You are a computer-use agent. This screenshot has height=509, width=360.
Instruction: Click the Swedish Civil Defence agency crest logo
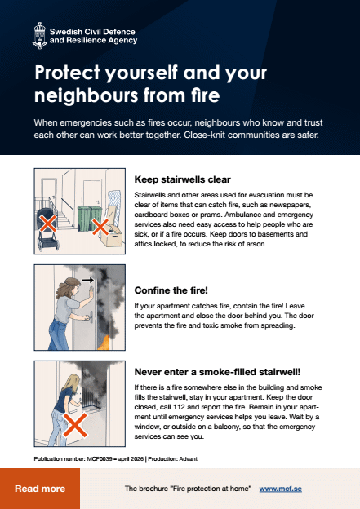pos(38,34)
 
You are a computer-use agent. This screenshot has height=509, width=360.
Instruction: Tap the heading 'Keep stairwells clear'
pos(182,179)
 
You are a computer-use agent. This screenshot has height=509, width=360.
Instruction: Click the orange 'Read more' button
pos(40,489)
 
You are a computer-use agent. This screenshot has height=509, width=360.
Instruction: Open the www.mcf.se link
pos(282,489)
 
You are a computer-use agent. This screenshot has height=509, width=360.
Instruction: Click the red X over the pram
pos(48,223)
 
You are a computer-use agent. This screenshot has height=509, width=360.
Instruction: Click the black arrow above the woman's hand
pos(87,280)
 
